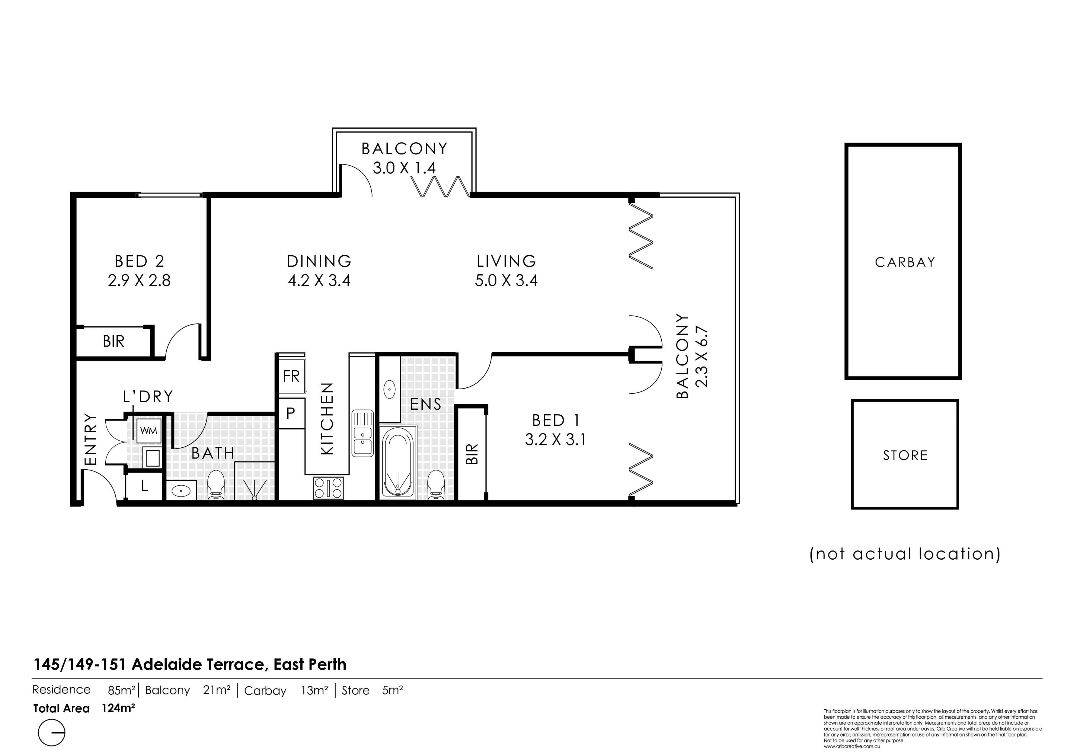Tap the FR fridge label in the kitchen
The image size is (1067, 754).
291,376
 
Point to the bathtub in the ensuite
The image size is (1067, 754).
398,462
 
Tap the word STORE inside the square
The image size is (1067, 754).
905,455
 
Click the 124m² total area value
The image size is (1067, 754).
118,708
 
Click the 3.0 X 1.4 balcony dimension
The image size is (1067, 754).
404,168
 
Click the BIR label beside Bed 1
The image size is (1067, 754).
472,454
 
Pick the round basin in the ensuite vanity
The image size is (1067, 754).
390,389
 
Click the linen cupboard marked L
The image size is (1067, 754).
144,486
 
